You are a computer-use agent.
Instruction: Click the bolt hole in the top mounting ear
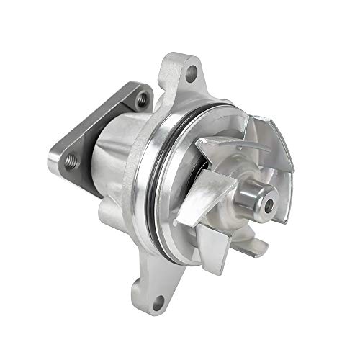(191, 71)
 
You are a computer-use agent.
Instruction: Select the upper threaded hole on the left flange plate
(141, 96)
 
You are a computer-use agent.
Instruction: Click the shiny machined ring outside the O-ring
(148, 187)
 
